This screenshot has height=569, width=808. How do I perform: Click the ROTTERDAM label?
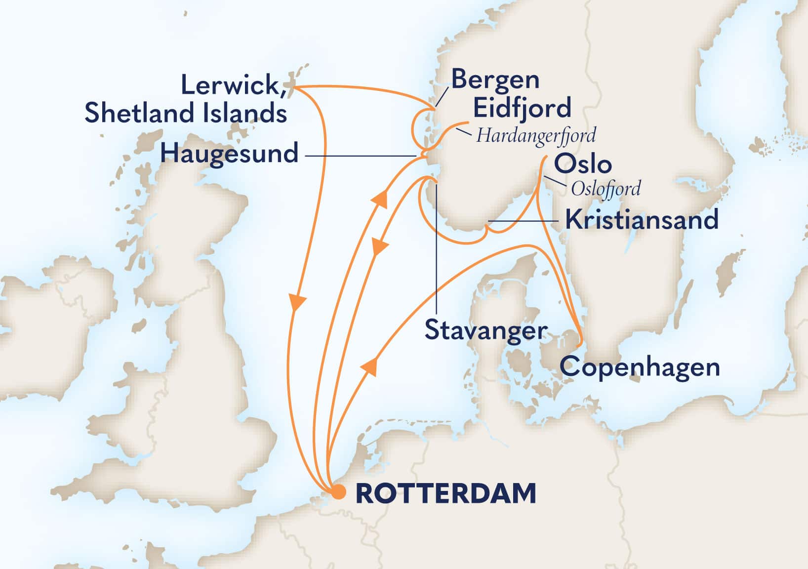[x=445, y=493]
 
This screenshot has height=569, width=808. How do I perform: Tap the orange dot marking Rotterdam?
[x=338, y=492]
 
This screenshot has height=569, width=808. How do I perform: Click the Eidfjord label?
[x=522, y=108]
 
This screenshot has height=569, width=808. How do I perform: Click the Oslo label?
[x=583, y=164]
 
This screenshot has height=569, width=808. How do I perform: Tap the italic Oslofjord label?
[x=606, y=189]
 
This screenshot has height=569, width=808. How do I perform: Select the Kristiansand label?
[x=642, y=220]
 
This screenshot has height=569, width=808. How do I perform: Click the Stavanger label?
[x=486, y=330]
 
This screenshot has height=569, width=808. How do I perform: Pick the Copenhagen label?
[x=640, y=367]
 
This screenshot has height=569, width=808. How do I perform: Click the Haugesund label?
[x=229, y=153]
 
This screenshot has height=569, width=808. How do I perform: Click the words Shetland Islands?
[x=186, y=113]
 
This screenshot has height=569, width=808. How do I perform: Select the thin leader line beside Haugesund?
[x=361, y=156]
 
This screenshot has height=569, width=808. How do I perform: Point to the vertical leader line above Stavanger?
[x=436, y=247]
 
